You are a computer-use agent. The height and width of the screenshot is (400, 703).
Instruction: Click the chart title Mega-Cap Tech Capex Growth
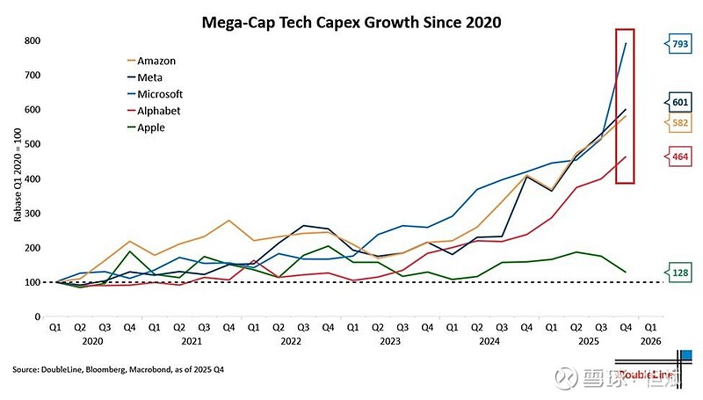pos(351,22)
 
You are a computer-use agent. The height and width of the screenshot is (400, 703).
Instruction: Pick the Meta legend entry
pos(151,77)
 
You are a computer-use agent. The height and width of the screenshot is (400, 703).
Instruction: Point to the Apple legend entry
pos(151,127)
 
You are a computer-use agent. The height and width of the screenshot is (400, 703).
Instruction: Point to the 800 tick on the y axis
pos(33,40)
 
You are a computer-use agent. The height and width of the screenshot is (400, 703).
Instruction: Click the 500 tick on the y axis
pos(33,144)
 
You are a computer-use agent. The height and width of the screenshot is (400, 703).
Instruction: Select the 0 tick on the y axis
pos(39,316)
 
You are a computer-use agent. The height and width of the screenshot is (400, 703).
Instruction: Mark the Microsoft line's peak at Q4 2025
pos(626,43)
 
